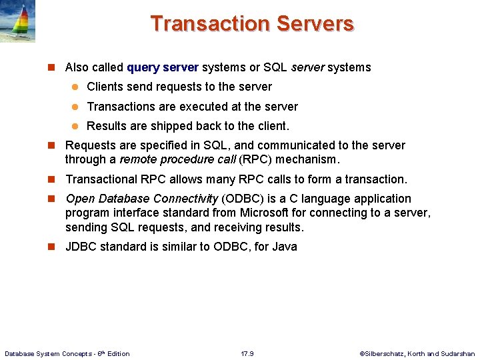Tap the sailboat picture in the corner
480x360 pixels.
pyautogui.click(x=17, y=21)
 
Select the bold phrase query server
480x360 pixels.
pyautogui.click(x=163, y=67)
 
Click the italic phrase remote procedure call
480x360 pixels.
pyautogui.click(x=177, y=160)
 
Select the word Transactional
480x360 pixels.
pyautogui.click(x=101, y=179)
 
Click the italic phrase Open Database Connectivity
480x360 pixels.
pyautogui.click(x=142, y=199)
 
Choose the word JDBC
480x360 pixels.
pyautogui.click(x=81, y=247)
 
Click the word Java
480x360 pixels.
pyautogui.click(x=285, y=247)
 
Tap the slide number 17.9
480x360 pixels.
pyautogui.click(x=247, y=353)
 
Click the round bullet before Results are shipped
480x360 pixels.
pyautogui.click(x=75, y=127)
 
